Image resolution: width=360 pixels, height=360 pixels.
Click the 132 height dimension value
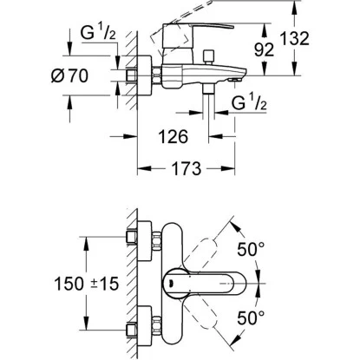click(x=295, y=39)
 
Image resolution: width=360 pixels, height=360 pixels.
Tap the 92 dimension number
click(x=264, y=49)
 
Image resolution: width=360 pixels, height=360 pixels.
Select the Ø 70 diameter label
click(x=69, y=75)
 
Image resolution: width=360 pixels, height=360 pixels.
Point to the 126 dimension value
click(x=173, y=136)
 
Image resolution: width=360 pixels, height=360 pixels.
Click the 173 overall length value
click(x=187, y=168)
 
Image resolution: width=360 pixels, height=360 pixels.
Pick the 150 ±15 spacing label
click(x=87, y=284)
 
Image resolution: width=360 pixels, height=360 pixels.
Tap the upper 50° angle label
click(x=251, y=249)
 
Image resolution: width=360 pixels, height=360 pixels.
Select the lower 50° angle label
click(x=251, y=318)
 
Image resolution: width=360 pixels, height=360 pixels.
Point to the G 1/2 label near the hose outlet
click(x=249, y=102)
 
